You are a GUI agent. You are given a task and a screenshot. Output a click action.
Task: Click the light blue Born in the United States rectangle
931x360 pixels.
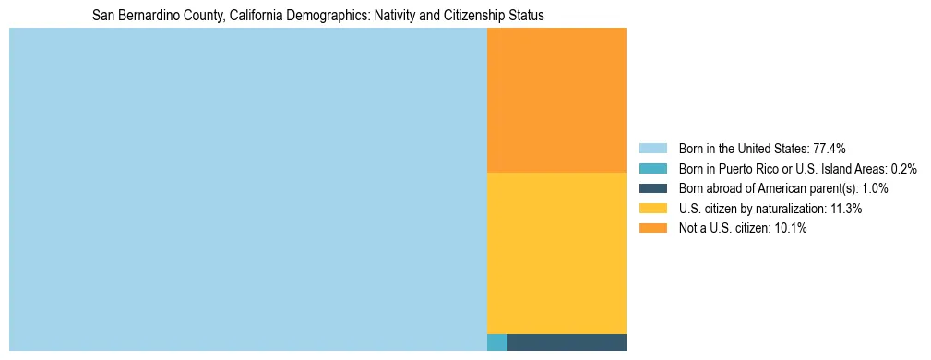(x=247, y=189)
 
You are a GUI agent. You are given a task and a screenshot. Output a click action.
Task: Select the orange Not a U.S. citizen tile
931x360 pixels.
(x=556, y=100)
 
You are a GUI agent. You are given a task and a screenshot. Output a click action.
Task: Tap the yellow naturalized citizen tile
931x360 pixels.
(x=556, y=253)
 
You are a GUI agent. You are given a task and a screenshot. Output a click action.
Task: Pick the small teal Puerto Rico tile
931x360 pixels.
(x=496, y=342)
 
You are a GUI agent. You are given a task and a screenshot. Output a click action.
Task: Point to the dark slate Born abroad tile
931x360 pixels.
(x=567, y=342)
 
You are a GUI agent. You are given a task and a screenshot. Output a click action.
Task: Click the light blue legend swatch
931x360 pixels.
(x=652, y=148)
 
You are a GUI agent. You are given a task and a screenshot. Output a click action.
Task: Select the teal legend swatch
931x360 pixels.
(x=652, y=168)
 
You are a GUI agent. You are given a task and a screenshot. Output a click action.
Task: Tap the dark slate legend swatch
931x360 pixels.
(x=652, y=188)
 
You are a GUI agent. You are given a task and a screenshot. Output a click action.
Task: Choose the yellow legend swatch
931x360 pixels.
(x=652, y=209)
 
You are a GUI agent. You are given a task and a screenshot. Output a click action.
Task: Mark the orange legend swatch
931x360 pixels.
(x=652, y=229)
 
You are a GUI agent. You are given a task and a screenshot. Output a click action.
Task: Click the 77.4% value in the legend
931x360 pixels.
(x=830, y=148)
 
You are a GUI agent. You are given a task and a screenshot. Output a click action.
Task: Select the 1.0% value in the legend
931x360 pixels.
(x=873, y=188)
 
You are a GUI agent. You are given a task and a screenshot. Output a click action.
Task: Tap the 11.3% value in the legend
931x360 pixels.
(x=844, y=209)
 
